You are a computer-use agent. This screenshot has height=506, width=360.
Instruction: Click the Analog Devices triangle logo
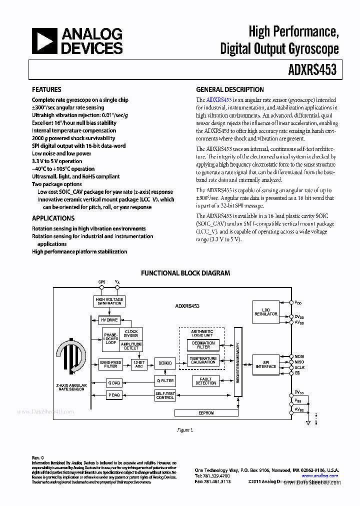tap(44, 40)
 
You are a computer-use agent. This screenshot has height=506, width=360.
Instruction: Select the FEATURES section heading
tap(46, 90)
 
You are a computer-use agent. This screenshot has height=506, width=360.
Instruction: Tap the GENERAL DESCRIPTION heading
tap(229, 90)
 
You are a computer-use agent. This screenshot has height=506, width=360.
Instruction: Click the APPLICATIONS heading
tap(53, 218)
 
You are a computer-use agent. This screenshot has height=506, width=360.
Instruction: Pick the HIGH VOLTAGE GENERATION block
tap(109, 301)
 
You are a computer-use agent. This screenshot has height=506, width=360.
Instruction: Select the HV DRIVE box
tap(109, 320)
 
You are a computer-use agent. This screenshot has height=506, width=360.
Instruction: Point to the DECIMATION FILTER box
tap(203, 345)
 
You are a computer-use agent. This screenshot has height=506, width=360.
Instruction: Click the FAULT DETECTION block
tap(205, 380)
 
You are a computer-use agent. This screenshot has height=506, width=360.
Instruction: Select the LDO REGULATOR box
tap(265, 312)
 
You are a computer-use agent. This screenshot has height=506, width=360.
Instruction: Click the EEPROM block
tap(205, 413)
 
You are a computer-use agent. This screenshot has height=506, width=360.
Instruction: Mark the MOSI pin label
tap(299, 356)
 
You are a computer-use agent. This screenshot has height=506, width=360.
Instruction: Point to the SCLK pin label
tap(299, 367)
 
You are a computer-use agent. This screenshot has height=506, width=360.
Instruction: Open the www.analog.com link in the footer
tap(320, 476)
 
